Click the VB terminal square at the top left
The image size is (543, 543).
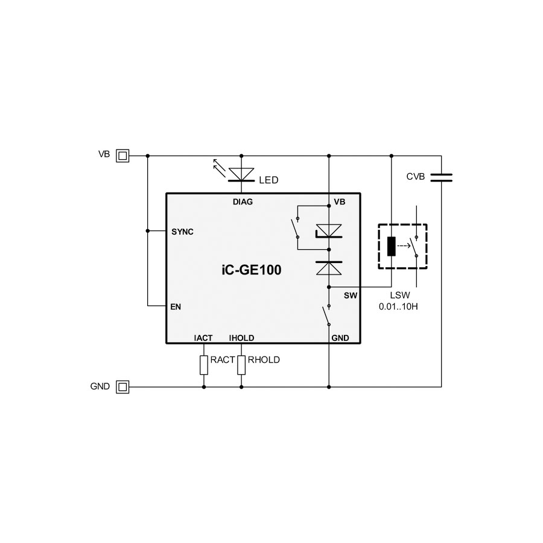pyautogui.click(x=122, y=156)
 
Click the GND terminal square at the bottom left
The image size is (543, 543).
pyautogui.click(x=122, y=387)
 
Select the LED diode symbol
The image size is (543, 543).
pyautogui.click(x=241, y=174)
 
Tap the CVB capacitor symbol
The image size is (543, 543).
pyautogui.click(x=441, y=177)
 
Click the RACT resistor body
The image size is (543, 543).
pyautogui.click(x=204, y=365)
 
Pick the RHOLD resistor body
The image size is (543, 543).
pyautogui.click(x=241, y=365)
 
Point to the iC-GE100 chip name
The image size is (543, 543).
pyautogui.click(x=252, y=270)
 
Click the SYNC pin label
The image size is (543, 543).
pyautogui.click(x=182, y=232)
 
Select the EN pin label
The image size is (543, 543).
pyautogui.click(x=176, y=307)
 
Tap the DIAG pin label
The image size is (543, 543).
pyautogui.click(x=243, y=202)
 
